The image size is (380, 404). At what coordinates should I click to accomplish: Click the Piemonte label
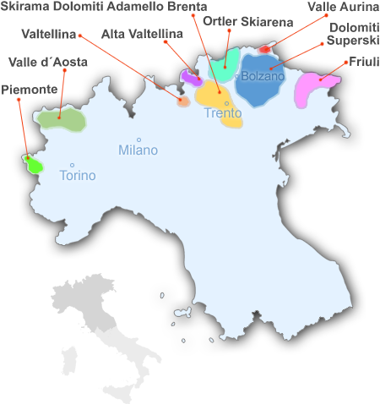pyautogui.click(x=30, y=89)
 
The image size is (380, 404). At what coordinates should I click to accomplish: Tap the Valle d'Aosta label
pyautogui.click(x=47, y=62)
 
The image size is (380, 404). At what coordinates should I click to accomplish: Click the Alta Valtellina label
pyautogui.click(x=142, y=35)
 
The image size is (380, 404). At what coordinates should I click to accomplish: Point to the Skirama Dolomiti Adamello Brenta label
pyautogui.click(x=104, y=7)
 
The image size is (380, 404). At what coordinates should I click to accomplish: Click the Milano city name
pyautogui.click(x=138, y=150)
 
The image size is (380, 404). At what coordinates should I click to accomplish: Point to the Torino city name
pyautogui.click(x=78, y=176)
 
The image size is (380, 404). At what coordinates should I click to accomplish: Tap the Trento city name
pyautogui.click(x=223, y=113)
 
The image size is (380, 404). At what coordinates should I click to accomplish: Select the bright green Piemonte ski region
pyautogui.click(x=34, y=165)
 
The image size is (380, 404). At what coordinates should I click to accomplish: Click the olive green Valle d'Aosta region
pyautogui.click(x=62, y=120)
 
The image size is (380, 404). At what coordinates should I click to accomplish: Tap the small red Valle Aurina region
pyautogui.click(x=264, y=49)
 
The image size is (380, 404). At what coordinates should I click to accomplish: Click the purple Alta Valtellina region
pyautogui.click(x=189, y=77)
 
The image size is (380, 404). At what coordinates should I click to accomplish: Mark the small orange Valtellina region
pyautogui.click(x=183, y=101)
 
